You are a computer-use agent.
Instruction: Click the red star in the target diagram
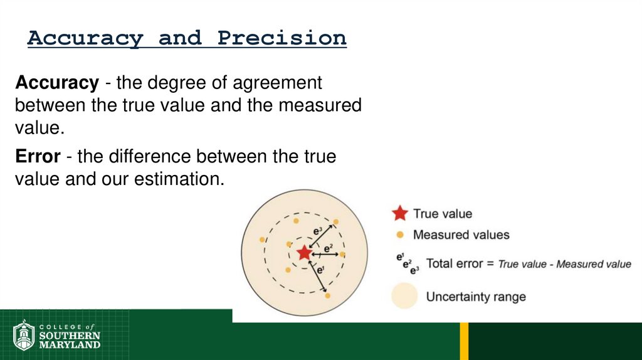(304, 253)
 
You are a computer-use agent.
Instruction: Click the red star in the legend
(399, 214)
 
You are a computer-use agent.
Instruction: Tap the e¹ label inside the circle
(320, 270)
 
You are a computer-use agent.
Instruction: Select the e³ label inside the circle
(318, 231)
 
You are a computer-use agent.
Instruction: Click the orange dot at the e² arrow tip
(342, 254)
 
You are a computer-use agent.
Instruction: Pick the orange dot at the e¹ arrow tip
(327, 295)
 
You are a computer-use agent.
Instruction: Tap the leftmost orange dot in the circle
(262, 240)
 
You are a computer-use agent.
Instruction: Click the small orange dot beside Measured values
(399, 235)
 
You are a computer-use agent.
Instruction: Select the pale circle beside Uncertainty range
(404, 296)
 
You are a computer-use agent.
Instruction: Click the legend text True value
(443, 214)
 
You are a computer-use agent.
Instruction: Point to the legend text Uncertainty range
(476, 297)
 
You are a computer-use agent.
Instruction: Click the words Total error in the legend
(455, 263)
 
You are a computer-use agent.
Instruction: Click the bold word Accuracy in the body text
(57, 83)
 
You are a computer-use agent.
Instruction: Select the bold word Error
(38, 156)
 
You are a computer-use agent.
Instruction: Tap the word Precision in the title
(282, 38)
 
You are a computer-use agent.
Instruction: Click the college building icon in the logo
(24, 335)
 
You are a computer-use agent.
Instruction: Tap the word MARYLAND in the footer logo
(70, 344)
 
